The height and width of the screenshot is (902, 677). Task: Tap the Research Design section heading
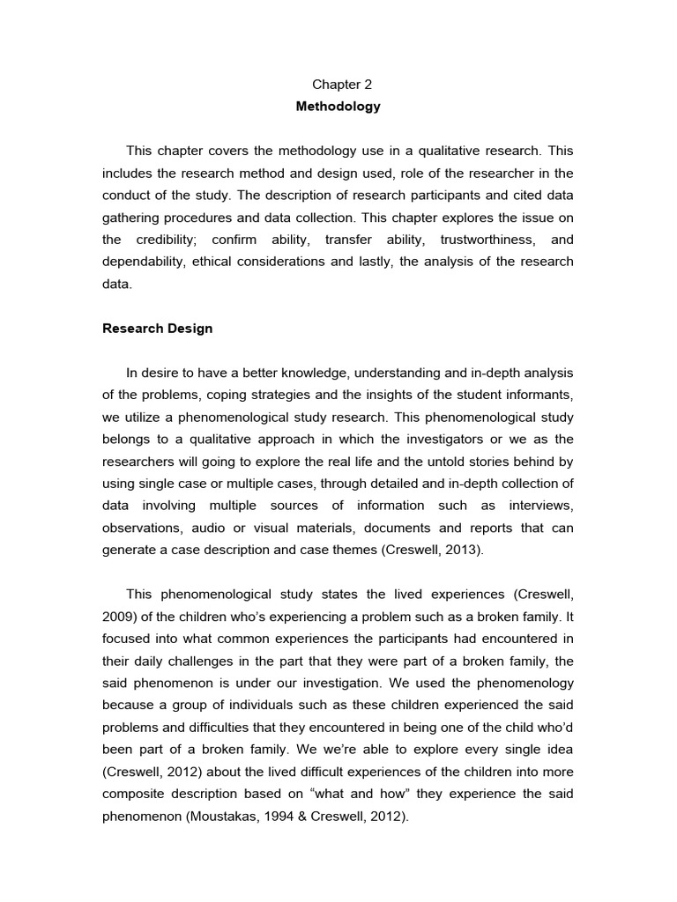(157, 329)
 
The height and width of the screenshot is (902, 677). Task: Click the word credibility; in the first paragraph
(173, 240)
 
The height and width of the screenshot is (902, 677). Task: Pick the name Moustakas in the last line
(219, 816)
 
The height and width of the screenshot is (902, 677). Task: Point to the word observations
(139, 528)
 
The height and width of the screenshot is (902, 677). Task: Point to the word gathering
(130, 218)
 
